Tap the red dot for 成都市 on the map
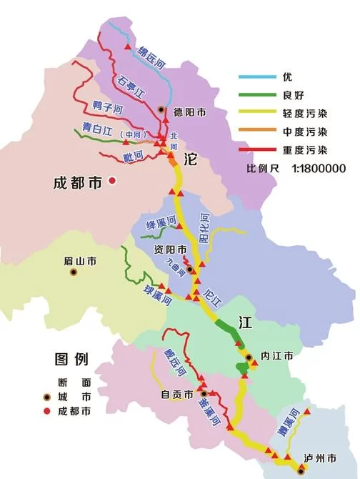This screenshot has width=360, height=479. tap(112, 182)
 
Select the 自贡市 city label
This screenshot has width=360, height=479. tap(177, 394)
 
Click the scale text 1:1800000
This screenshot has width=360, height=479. tap(319, 169)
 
